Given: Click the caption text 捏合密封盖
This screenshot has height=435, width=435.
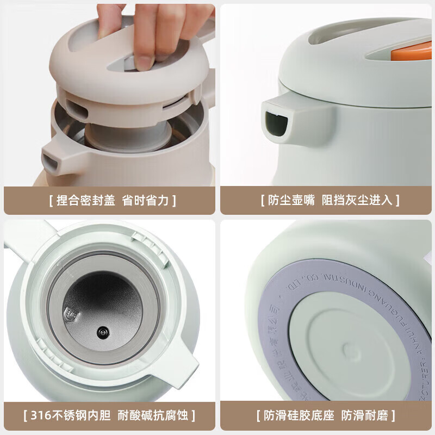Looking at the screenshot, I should [x=86, y=200].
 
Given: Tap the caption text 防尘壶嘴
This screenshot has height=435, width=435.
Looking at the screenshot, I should [x=291, y=200].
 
